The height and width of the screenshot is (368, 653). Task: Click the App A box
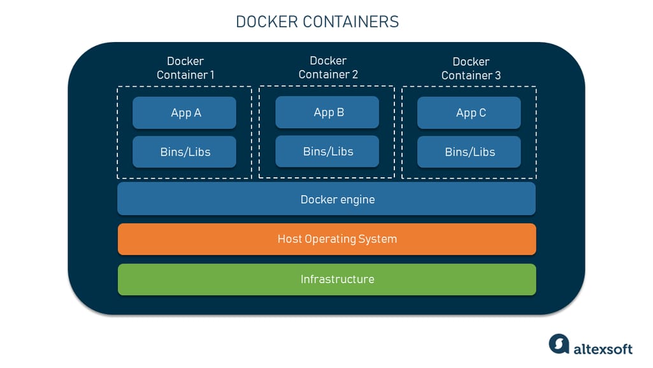184,113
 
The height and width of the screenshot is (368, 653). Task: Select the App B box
327,112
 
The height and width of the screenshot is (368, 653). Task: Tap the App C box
469,113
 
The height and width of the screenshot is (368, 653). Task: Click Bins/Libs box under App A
184,152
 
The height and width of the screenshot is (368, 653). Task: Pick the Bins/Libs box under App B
327,151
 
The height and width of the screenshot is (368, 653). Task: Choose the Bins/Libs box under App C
469,152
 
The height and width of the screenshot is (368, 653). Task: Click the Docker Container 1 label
185,68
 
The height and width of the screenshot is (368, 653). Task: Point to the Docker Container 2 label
328,68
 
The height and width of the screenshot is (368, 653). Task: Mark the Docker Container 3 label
471,68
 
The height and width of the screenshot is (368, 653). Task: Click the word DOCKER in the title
267,22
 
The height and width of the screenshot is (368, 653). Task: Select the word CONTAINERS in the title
350,22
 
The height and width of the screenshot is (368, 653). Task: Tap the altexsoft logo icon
559,344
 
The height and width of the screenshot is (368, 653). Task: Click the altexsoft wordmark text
603,348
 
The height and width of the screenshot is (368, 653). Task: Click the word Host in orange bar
289,239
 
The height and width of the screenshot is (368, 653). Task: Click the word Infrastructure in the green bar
337,279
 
